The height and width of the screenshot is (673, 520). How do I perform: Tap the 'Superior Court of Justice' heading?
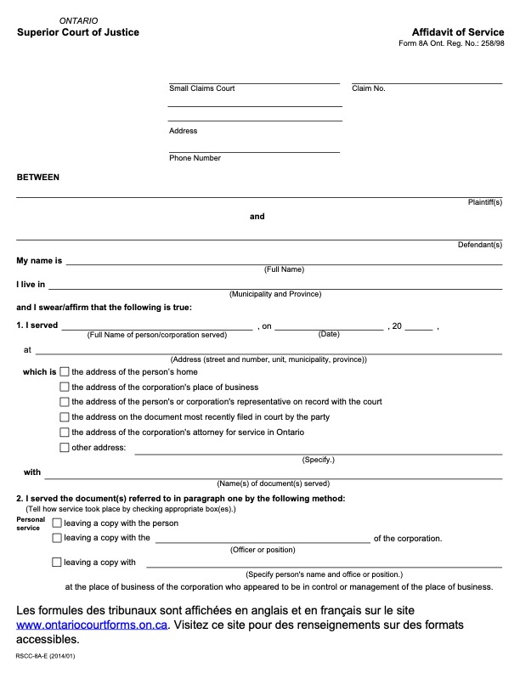(78, 32)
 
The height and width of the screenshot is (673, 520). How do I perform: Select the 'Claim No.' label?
(369, 88)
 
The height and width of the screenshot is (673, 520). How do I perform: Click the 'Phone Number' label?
(195, 158)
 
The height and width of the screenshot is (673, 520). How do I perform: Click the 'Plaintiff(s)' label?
(485, 202)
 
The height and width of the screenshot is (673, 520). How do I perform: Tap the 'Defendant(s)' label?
(480, 245)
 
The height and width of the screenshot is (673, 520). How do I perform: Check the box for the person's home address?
(65, 372)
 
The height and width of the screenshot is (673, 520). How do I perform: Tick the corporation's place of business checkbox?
(65, 387)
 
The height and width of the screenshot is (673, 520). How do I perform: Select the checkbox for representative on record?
(65, 402)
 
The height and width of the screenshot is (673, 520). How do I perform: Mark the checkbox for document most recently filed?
(65, 417)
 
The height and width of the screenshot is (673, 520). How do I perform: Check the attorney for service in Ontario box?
(65, 433)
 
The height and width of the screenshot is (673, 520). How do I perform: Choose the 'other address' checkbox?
(65, 448)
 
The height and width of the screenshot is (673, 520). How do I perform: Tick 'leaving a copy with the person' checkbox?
(57, 523)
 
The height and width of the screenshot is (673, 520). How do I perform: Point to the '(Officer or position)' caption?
(263, 550)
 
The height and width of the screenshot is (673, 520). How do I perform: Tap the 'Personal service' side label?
(31, 523)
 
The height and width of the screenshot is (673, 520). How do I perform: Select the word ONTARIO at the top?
(79, 20)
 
